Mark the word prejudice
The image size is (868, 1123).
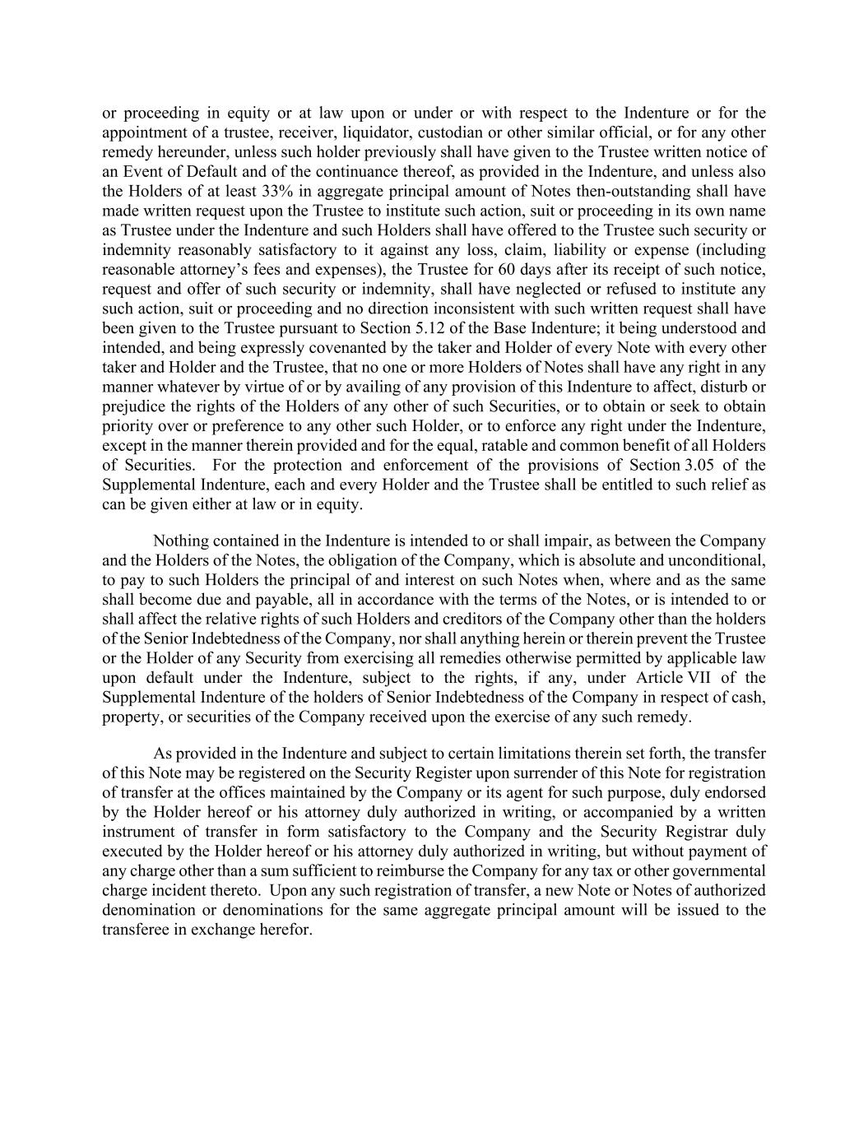click(132, 406)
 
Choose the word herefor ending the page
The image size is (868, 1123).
click(285, 929)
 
